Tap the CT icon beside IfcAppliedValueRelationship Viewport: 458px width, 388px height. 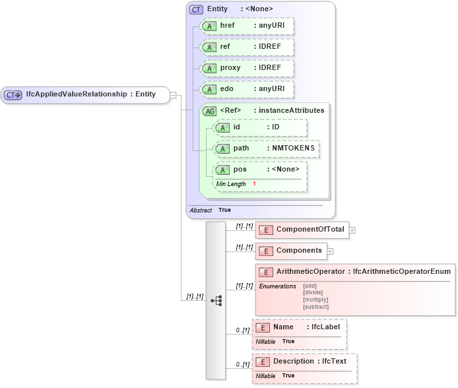point(13,95)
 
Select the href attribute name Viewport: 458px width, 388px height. point(227,26)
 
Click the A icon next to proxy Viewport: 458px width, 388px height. point(209,69)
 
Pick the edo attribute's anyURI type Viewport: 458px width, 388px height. point(272,89)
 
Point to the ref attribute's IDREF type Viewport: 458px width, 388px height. point(271,47)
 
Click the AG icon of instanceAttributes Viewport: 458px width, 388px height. point(210,111)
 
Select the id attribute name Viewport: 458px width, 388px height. point(237,127)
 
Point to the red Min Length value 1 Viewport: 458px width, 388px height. point(255,183)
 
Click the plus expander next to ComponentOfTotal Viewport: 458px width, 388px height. point(352,230)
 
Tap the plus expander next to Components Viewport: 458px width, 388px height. point(330,251)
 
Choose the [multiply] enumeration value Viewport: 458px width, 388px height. point(315,300)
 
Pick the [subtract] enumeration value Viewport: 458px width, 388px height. point(315,307)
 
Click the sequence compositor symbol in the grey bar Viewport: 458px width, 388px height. point(216,300)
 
